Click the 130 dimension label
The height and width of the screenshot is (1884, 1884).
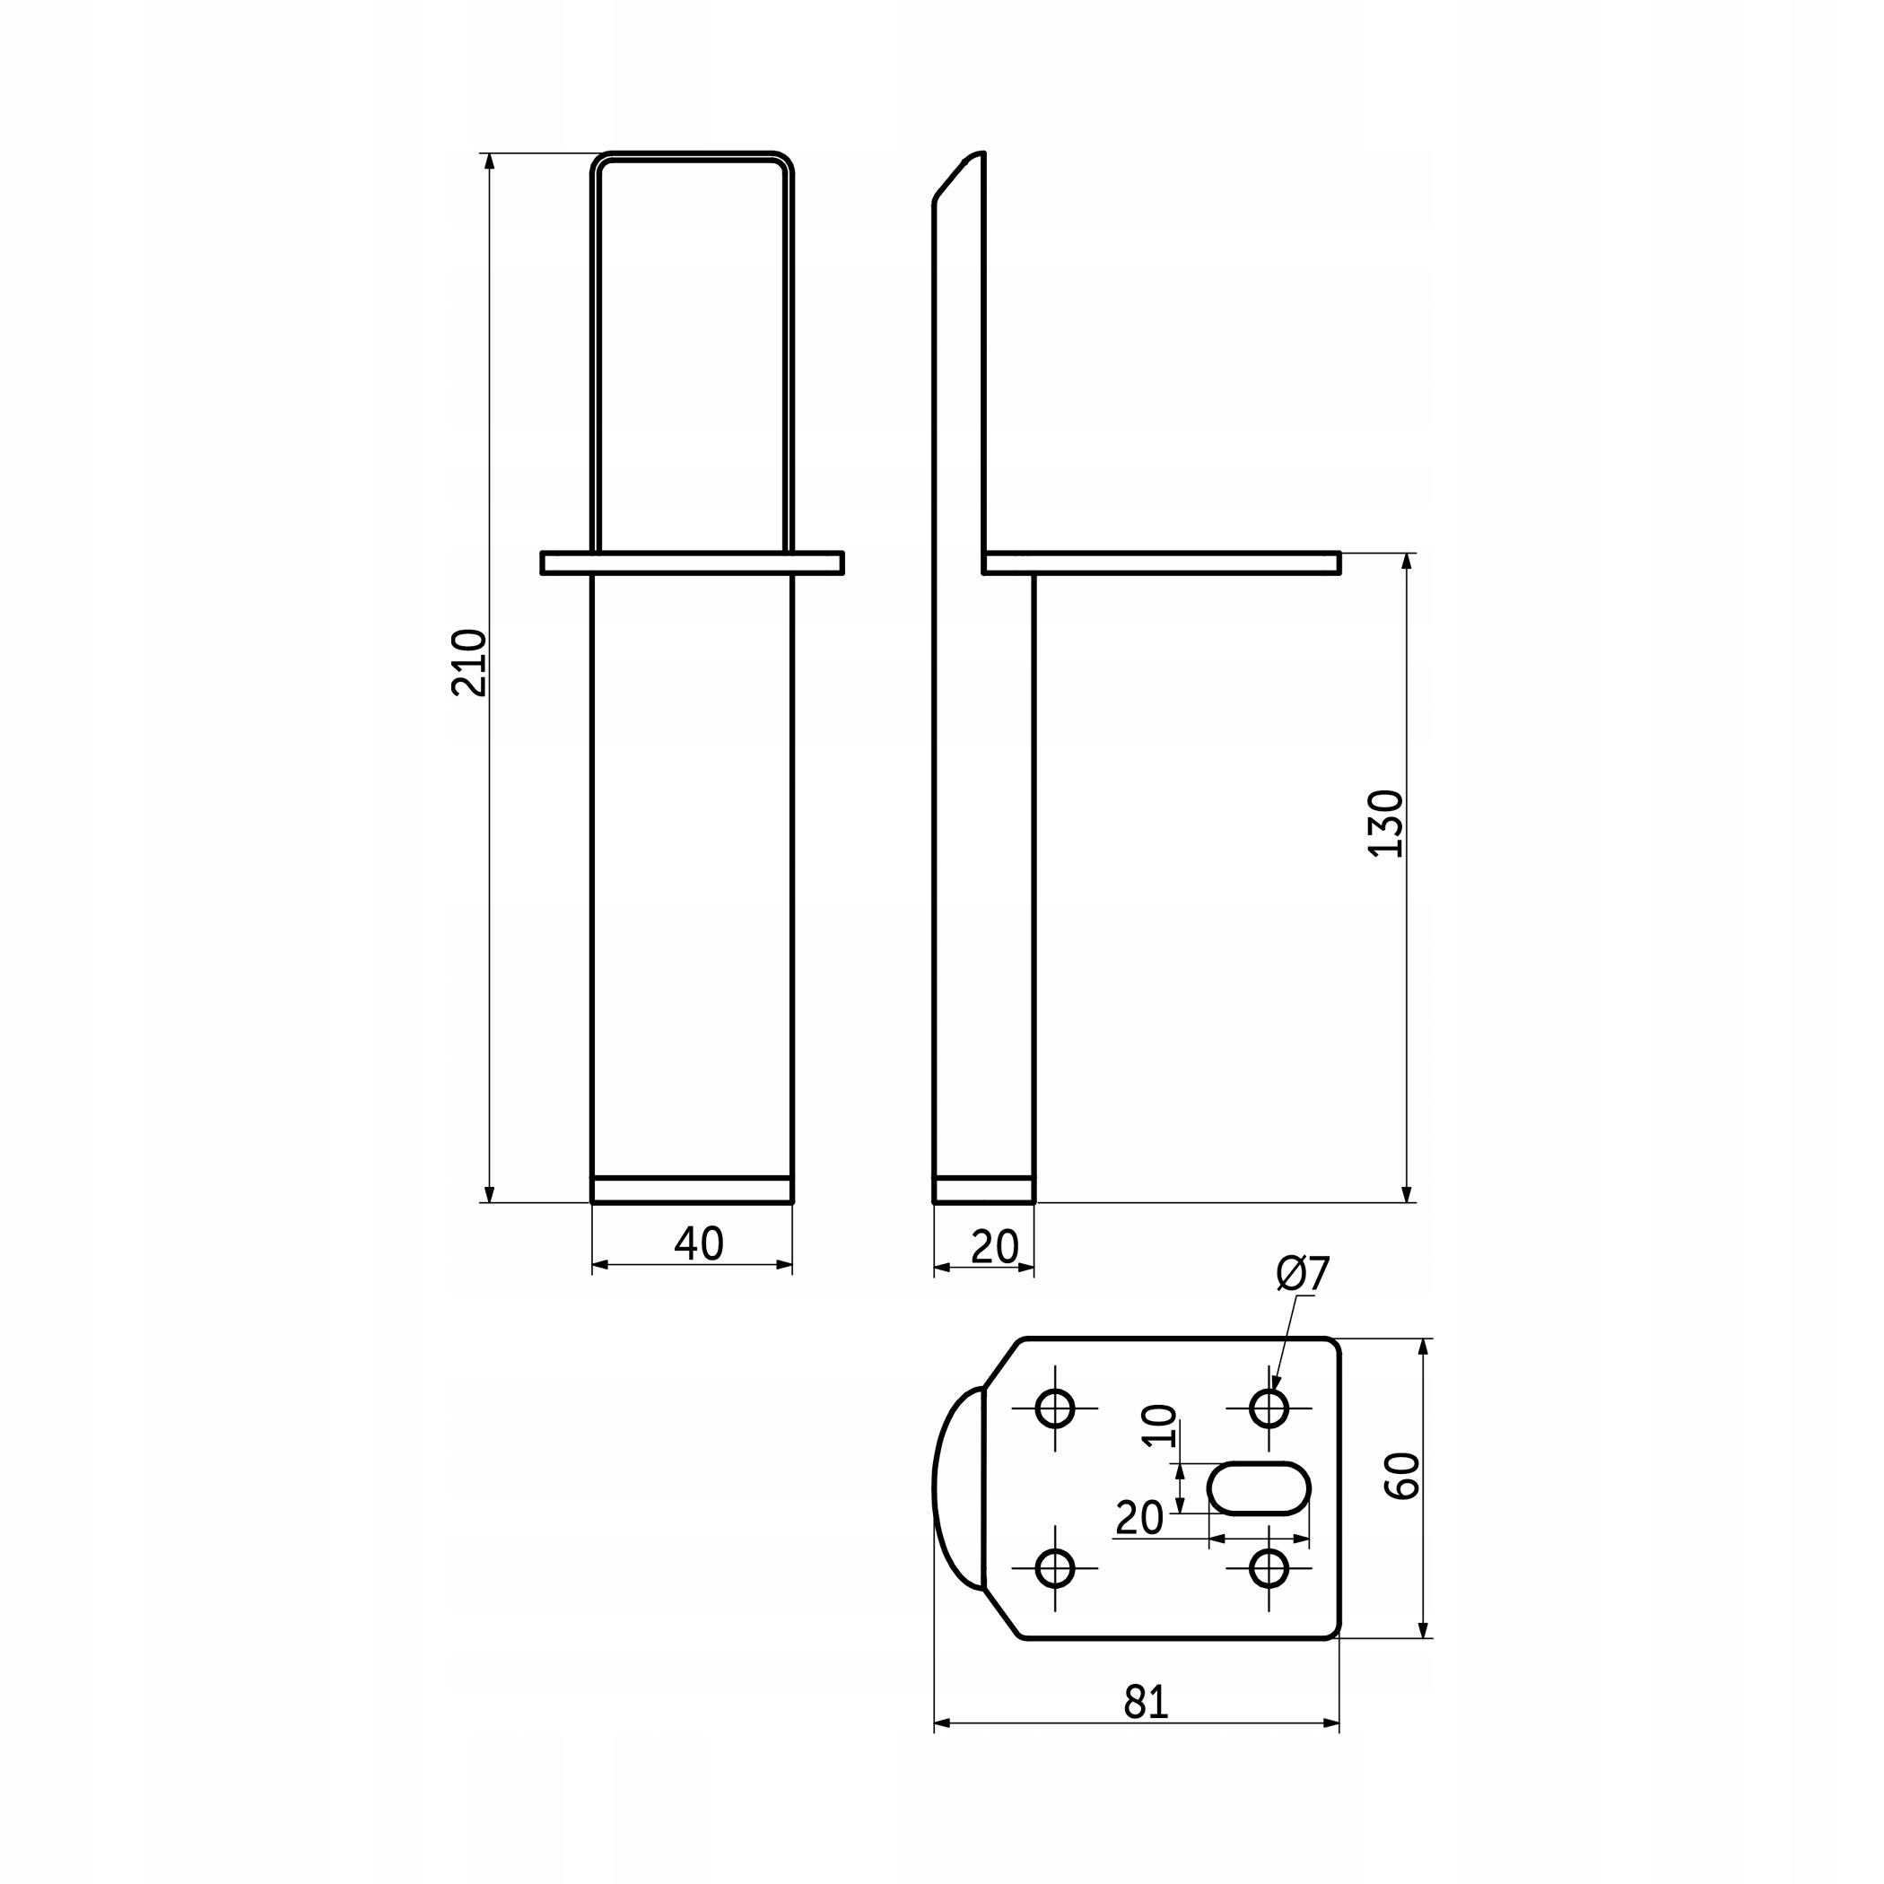[1386, 823]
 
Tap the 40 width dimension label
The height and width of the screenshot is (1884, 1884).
[699, 1243]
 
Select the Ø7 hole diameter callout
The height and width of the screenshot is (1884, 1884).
[1303, 1274]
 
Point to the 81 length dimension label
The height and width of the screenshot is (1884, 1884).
[1146, 1702]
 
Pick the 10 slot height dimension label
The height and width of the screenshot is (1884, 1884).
[1159, 1426]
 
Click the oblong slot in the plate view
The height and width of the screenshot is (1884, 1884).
[1259, 1488]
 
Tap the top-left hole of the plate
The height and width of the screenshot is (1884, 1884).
[1054, 1409]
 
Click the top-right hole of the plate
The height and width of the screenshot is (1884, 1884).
[1269, 1409]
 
